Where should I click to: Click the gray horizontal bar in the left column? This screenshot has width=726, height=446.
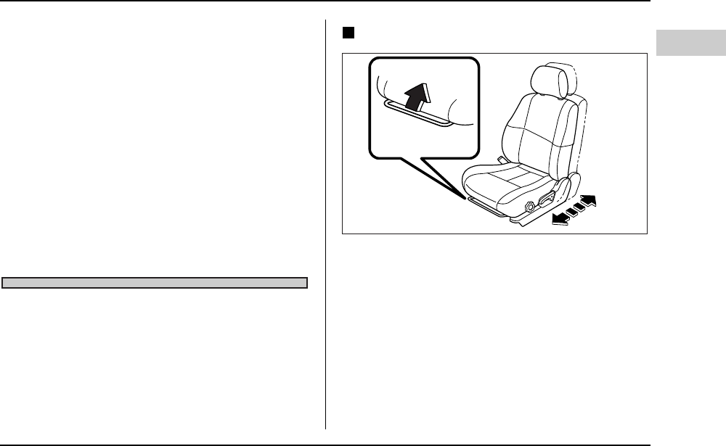(155, 282)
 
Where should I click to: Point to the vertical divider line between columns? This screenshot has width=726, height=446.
(326, 232)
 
